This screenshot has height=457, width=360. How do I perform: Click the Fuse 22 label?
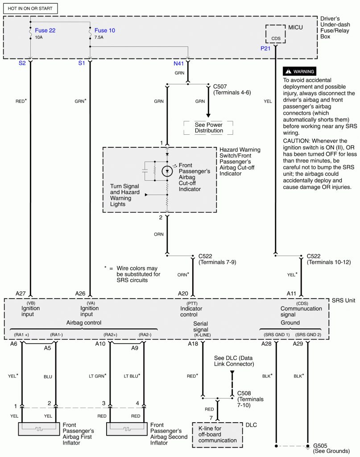point(46,30)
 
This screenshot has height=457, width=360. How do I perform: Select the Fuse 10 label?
point(104,30)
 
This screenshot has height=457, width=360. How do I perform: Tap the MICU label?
point(295,28)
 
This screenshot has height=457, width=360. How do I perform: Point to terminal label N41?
point(179,63)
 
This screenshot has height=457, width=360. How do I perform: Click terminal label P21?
point(266,49)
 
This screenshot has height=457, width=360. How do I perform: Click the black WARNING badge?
point(299,71)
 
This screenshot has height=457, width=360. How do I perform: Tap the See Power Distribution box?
point(209,128)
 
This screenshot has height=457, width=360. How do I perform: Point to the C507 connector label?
point(220,86)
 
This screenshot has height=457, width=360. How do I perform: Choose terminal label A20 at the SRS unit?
point(183,293)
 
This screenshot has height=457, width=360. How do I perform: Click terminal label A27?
point(21,293)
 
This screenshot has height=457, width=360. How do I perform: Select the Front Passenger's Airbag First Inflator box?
point(38,429)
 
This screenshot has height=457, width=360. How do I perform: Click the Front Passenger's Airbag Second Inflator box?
point(127,429)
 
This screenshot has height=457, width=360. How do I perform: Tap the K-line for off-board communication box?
point(218,435)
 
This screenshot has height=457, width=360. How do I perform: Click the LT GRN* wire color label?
point(96,376)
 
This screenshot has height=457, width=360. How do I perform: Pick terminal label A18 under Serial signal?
point(193,344)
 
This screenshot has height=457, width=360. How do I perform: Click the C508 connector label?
point(244,393)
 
